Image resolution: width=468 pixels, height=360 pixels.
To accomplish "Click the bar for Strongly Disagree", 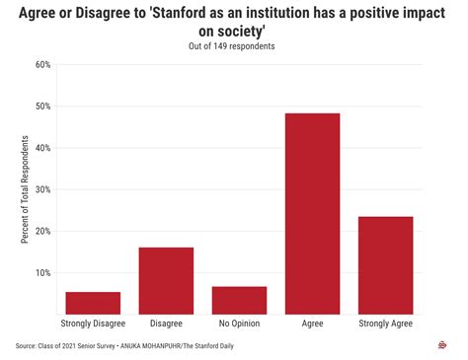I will point(93,303).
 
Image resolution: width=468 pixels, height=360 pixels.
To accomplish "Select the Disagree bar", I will point(166,281).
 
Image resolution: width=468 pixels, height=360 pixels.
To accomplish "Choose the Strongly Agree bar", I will point(385,265).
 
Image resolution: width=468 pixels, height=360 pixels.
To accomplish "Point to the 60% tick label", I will point(42,65).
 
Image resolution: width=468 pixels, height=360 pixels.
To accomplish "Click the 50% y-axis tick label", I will point(42,107).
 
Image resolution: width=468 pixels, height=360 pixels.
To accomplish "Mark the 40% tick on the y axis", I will point(42,148).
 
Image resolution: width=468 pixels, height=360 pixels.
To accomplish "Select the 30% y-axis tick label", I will point(42,189).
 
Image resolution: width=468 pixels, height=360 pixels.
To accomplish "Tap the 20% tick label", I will point(42,232).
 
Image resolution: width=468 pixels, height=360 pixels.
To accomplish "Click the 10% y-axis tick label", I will point(42,273).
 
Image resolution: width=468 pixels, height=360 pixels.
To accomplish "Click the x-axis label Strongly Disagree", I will point(93,324).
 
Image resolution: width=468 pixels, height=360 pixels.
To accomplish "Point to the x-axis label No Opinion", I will point(239,324).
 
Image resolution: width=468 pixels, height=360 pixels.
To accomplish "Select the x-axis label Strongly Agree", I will point(385,324).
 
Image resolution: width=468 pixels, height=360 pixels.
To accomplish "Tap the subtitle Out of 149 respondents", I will point(234,45).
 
